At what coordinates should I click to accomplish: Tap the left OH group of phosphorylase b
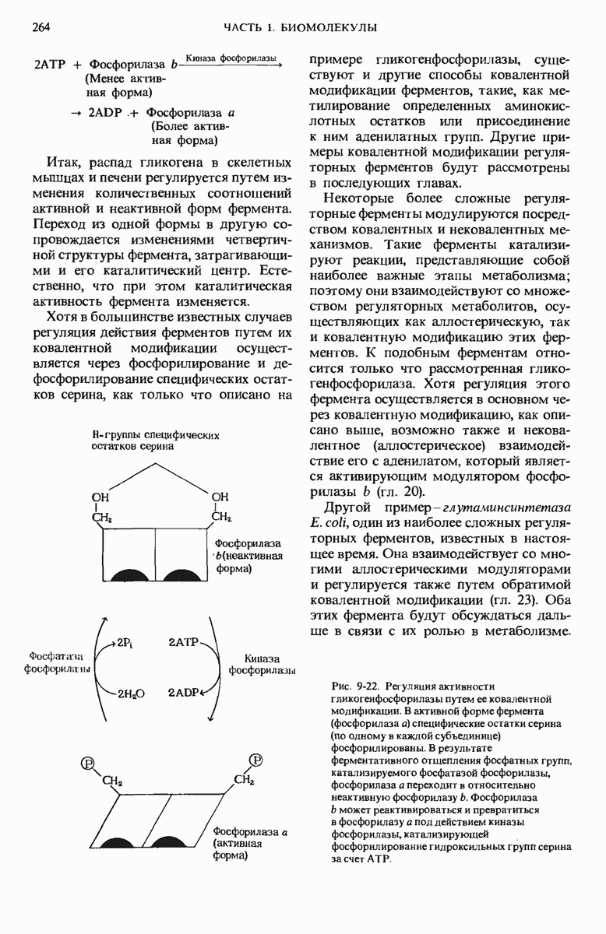pos(101,497)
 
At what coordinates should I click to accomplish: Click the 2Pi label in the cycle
pos(125,643)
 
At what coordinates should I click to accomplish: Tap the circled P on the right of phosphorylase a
pos(255,760)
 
